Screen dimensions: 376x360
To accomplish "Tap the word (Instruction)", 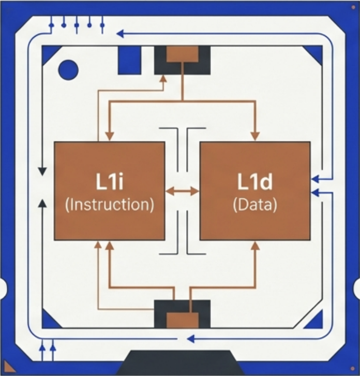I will click(x=109, y=204).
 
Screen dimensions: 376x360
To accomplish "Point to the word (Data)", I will click(x=255, y=204).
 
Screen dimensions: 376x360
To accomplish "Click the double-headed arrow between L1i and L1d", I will click(x=182, y=191).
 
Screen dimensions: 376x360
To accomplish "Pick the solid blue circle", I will click(x=68, y=69).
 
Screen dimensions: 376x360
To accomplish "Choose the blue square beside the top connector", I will click(x=129, y=60).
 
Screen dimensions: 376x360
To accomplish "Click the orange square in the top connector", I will click(x=182, y=53).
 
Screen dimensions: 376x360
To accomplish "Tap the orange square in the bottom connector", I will click(x=182, y=320).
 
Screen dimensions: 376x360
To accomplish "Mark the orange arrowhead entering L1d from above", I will click(x=255, y=136).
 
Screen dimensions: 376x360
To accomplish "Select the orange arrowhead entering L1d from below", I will click(x=255, y=246).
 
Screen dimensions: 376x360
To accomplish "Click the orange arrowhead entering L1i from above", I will click(x=110, y=136).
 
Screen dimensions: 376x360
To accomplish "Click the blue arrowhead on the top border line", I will click(x=120, y=34).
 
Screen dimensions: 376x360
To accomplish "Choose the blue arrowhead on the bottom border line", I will click(x=190, y=339).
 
